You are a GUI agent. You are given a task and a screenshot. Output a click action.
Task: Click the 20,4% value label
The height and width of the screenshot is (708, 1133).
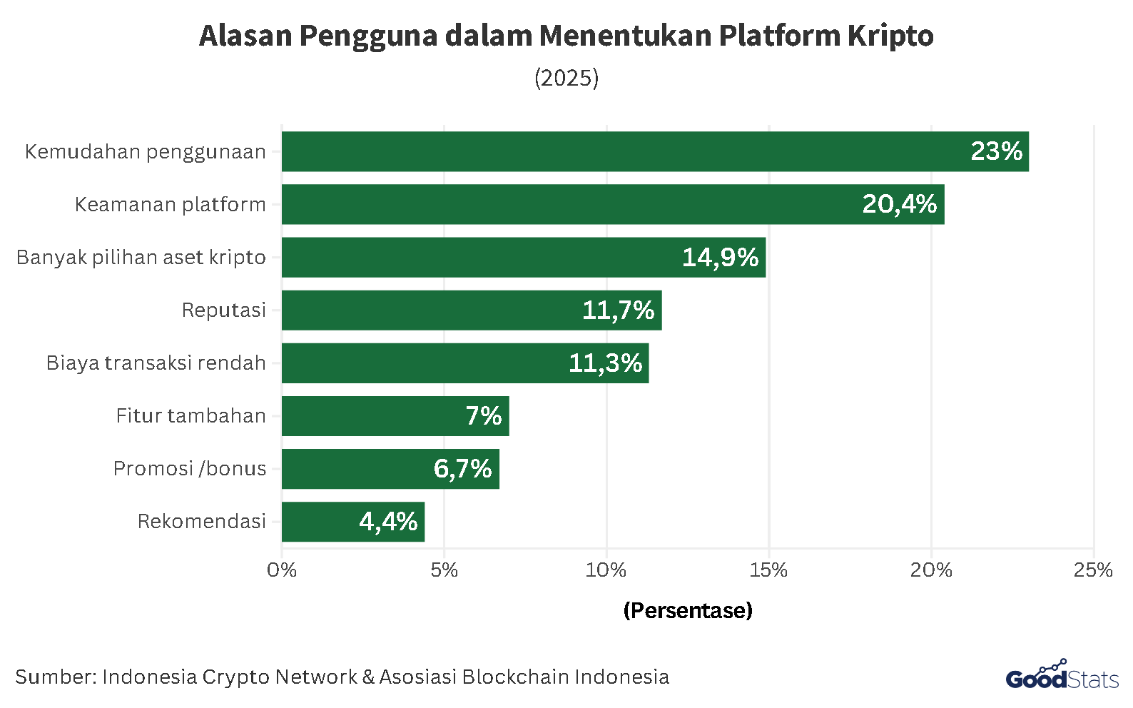pyautogui.click(x=899, y=205)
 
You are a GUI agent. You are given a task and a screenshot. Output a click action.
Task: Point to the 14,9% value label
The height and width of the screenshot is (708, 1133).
pyautogui.click(x=720, y=258)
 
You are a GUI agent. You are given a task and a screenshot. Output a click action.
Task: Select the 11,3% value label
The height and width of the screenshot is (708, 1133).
pyautogui.click(x=605, y=363)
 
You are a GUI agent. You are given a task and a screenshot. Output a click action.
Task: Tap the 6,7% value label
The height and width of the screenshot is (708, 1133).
pyautogui.click(x=462, y=469)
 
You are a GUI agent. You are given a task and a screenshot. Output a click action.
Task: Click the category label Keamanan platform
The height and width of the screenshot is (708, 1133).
pyautogui.click(x=170, y=205)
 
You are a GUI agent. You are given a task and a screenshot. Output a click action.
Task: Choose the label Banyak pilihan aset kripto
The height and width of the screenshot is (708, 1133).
pyautogui.click(x=141, y=258)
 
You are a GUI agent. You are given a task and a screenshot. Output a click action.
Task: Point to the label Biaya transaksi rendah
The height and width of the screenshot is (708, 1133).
pyautogui.click(x=156, y=363)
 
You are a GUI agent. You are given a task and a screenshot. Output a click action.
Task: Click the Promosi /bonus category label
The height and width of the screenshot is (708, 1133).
pyautogui.click(x=190, y=469)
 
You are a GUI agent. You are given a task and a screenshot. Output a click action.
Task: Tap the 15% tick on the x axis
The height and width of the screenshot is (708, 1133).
pyautogui.click(x=768, y=570)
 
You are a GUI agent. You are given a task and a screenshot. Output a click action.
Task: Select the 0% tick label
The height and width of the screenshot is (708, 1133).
pyautogui.click(x=282, y=570)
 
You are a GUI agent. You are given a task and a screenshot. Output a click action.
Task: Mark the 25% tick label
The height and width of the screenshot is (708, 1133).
pyautogui.click(x=1093, y=570)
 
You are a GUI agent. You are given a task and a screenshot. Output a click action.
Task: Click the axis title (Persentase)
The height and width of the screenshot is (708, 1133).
pyautogui.click(x=688, y=611)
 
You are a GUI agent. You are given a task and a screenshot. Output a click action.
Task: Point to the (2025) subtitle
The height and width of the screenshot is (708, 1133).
pyautogui.click(x=566, y=78)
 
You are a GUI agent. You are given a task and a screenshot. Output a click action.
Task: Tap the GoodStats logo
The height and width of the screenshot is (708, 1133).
pyautogui.click(x=1062, y=676)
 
